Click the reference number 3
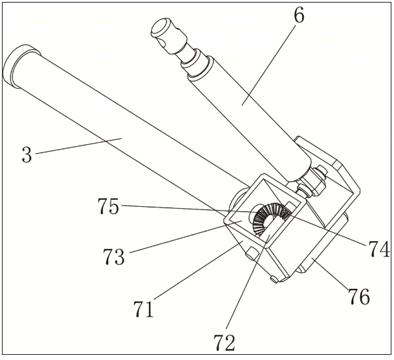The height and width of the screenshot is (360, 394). click(26, 155)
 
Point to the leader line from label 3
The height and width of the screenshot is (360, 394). click(78, 145)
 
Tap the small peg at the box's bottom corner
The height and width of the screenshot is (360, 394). click(274, 280)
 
